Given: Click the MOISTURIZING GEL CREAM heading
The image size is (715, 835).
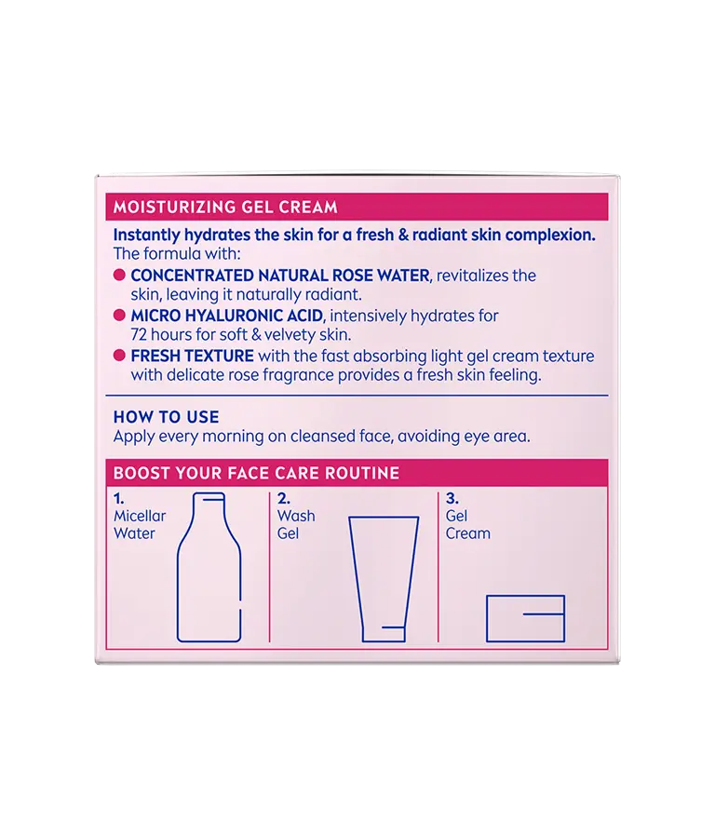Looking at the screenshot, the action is point(225,208).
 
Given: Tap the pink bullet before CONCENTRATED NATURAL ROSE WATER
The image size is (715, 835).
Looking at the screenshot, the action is point(119,275).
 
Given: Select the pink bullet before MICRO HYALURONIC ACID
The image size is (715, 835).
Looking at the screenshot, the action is point(119,316).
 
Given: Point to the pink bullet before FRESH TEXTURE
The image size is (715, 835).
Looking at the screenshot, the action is point(119,356).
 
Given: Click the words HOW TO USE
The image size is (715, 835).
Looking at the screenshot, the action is point(166,417).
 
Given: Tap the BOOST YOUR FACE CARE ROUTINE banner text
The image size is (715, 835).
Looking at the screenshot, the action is point(256,473).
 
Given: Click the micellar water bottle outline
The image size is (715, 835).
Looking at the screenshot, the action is point(209,567).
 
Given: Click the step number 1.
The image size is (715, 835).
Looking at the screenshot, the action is point(118,499).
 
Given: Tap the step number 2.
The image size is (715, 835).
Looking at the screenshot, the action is point(283,499).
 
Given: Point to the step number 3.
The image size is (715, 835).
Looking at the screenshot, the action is point(452,499).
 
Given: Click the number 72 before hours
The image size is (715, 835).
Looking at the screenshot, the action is point(139,335).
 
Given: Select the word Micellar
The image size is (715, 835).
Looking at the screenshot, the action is point(140,516).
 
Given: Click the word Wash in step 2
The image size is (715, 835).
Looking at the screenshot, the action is point(296,516).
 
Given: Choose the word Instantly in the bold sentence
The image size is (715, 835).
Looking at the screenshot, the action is point(146,235).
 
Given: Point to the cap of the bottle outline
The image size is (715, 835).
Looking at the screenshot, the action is point(209,496).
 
